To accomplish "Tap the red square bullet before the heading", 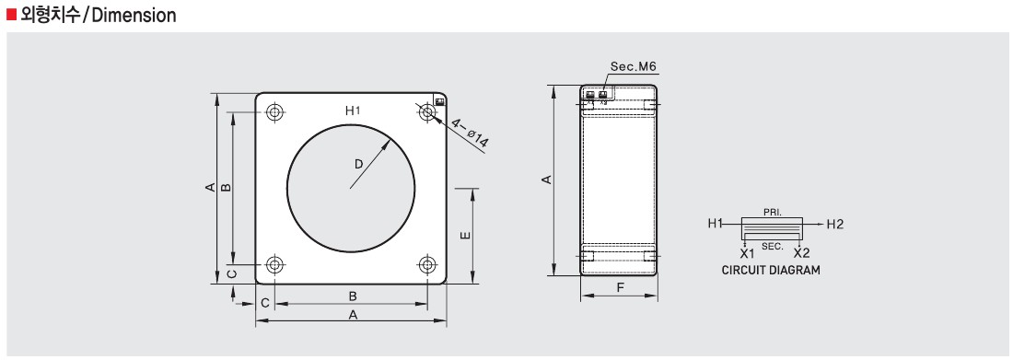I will [x=11, y=16].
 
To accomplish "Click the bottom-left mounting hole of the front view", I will [x=274, y=265].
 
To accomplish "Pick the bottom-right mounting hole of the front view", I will [x=426, y=265].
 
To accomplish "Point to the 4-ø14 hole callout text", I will [x=471, y=135].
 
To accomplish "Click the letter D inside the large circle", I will [x=358, y=164].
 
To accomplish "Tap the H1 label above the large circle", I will [x=352, y=110].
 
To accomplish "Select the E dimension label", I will [x=466, y=236].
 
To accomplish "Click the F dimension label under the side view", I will [x=620, y=288].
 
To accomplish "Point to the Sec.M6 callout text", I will [x=633, y=67].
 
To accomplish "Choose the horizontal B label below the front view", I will [x=352, y=296].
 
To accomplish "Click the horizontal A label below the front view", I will [x=352, y=315].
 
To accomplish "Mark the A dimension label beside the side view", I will [x=546, y=180].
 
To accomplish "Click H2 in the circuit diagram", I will [x=834, y=224].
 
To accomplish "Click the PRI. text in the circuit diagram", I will [x=773, y=212].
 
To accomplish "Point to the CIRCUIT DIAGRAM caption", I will [x=771, y=271].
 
